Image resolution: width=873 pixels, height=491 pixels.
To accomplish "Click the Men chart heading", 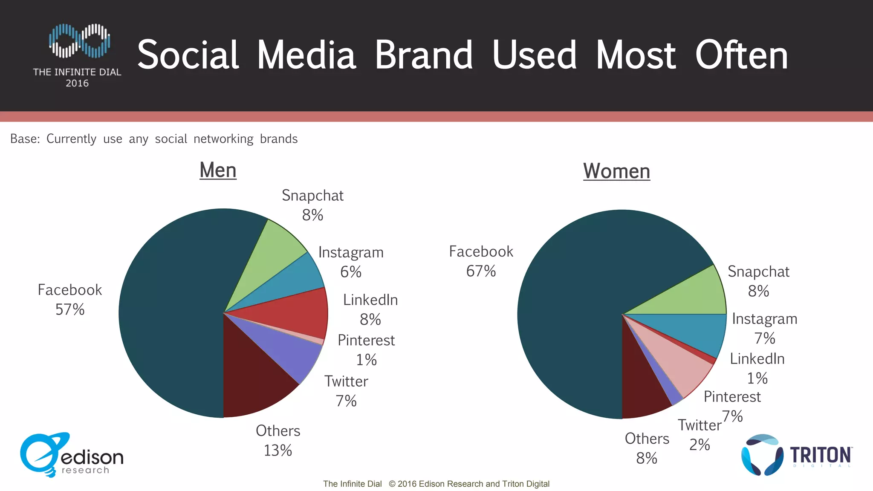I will [x=218, y=170].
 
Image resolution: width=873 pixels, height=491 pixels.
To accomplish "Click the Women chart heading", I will [x=616, y=171].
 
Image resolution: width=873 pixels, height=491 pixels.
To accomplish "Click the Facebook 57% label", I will [x=70, y=300].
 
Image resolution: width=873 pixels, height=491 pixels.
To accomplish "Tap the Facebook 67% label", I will [x=481, y=261].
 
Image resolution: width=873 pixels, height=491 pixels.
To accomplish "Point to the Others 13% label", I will [x=278, y=440].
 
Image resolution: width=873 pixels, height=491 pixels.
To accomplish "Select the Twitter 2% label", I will [x=700, y=435].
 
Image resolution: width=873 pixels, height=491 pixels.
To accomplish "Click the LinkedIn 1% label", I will [x=757, y=368].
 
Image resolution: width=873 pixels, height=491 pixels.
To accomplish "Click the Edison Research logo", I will [x=71, y=455].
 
